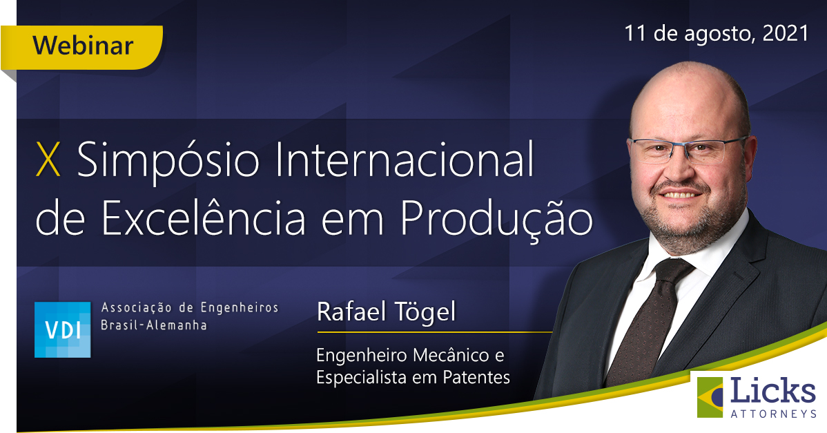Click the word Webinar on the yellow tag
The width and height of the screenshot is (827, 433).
click(x=83, y=46)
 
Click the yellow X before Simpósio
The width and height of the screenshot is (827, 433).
click(x=48, y=160)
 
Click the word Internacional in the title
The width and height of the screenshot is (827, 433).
click(x=404, y=159)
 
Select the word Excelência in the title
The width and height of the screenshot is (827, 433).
click(x=203, y=217)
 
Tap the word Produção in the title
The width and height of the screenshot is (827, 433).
click(x=496, y=218)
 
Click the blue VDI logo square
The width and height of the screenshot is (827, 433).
click(x=62, y=329)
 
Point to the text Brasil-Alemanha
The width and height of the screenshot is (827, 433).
click(x=153, y=325)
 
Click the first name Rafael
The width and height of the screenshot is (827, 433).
click(x=351, y=311)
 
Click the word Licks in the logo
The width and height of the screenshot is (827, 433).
click(x=772, y=391)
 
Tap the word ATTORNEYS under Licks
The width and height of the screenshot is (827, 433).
click(x=773, y=414)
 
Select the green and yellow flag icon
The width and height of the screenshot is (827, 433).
click(x=710, y=397)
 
